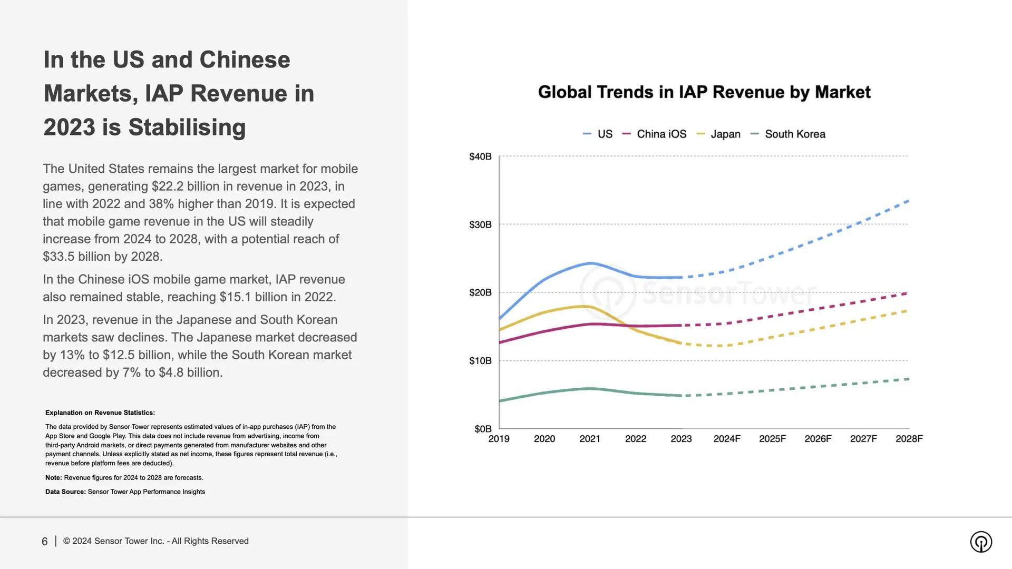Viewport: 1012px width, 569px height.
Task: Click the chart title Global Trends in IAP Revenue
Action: pos(704,92)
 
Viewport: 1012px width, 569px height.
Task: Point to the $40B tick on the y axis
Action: pos(480,156)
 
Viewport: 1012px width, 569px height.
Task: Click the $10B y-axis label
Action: pos(480,361)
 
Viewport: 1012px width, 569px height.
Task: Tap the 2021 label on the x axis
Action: pos(590,439)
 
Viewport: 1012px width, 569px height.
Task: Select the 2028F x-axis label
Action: pos(909,439)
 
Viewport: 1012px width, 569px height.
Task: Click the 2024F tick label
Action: pos(727,439)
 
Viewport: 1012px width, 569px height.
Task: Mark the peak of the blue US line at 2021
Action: pos(590,263)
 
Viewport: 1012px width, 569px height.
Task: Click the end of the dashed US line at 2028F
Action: pos(908,201)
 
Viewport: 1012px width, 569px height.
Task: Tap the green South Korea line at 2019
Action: pos(500,401)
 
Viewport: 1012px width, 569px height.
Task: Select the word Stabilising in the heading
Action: pos(187,127)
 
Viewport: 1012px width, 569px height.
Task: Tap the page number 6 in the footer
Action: pos(45,542)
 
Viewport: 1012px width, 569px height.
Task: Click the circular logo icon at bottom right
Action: pos(980,542)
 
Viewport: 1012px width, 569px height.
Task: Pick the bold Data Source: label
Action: pos(65,492)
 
